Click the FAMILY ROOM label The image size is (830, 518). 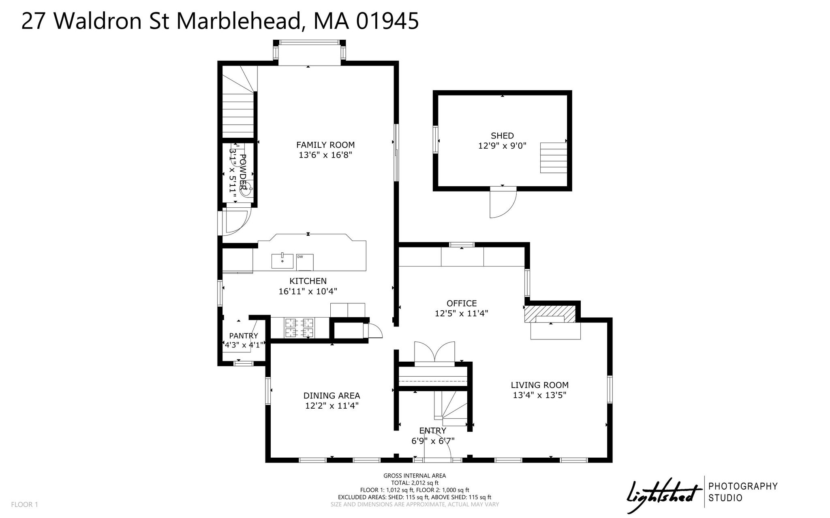(x=325, y=145)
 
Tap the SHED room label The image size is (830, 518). (x=502, y=136)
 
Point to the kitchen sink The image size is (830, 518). (x=282, y=261)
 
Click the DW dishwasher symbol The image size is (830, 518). (x=305, y=262)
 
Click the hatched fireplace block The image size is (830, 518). (x=550, y=314)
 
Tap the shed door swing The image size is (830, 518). (x=503, y=203)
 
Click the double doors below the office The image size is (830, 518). (x=434, y=353)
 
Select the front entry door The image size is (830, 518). (x=438, y=448)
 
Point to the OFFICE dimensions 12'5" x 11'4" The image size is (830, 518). (x=461, y=313)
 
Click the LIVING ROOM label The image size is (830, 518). (x=539, y=385)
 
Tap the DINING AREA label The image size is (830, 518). (x=332, y=396)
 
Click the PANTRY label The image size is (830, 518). (x=244, y=336)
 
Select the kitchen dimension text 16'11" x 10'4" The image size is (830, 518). (x=308, y=291)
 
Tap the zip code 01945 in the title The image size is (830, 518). (x=388, y=21)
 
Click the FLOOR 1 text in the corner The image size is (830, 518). (x=24, y=505)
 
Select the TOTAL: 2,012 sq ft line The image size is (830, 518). (x=415, y=483)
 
